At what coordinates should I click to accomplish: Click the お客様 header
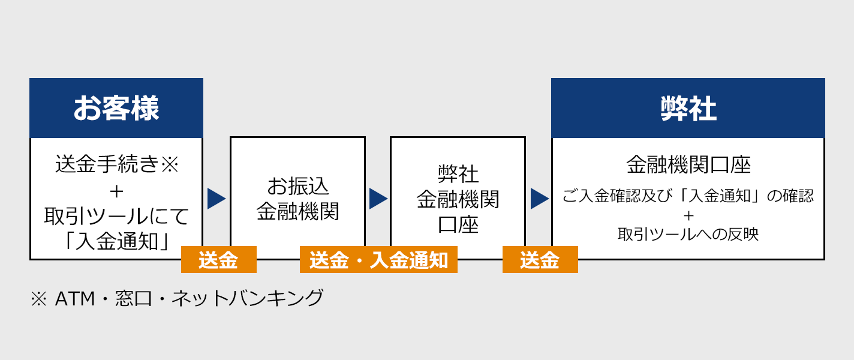(x=116, y=109)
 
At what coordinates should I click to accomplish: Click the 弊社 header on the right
(x=688, y=109)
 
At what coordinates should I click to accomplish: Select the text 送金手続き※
(x=116, y=164)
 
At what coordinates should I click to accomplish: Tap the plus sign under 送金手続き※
(x=116, y=191)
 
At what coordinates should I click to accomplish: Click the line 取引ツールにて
(x=116, y=216)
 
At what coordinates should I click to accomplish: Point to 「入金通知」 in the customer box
(x=116, y=241)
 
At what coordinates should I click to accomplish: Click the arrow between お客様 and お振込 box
(x=216, y=199)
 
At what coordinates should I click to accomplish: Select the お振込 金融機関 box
(x=297, y=199)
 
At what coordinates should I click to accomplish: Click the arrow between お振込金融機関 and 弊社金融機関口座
(x=378, y=199)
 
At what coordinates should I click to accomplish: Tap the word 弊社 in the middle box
(x=458, y=174)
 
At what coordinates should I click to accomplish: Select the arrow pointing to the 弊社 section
(x=539, y=199)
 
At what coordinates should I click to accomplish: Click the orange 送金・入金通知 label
(x=378, y=260)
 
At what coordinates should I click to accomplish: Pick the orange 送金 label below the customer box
(x=218, y=260)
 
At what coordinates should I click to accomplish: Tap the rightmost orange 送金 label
(x=540, y=260)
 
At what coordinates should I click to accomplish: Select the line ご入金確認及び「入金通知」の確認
(x=688, y=196)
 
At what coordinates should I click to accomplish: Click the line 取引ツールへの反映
(x=688, y=233)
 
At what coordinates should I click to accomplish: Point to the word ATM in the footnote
(x=74, y=298)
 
